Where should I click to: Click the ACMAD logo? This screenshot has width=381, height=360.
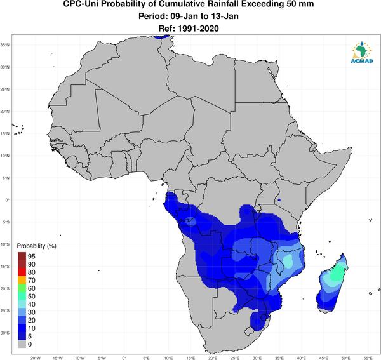click(361, 52)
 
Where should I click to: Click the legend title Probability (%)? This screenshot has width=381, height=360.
click(36, 246)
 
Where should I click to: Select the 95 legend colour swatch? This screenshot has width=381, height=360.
click(22, 256)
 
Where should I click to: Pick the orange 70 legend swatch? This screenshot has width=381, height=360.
click(22, 280)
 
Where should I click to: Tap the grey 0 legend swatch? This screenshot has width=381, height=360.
click(22, 344)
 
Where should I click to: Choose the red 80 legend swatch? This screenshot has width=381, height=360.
click(22, 272)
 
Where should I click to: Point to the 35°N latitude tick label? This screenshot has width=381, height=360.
click(5, 45)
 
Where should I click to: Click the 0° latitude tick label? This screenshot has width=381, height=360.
click(8, 200)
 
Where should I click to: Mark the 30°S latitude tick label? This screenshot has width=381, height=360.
click(5, 333)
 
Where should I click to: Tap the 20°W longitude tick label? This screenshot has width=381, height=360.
click(36, 358)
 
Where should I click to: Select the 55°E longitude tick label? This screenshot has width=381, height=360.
click(368, 358)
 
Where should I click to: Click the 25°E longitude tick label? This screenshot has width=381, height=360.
click(235, 358)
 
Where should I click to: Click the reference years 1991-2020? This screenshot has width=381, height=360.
click(198, 29)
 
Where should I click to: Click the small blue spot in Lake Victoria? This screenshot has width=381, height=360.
click(279, 200)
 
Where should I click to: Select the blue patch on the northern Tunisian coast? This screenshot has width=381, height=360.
click(163, 37)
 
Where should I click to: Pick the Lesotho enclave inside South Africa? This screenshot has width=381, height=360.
click(248, 331)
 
